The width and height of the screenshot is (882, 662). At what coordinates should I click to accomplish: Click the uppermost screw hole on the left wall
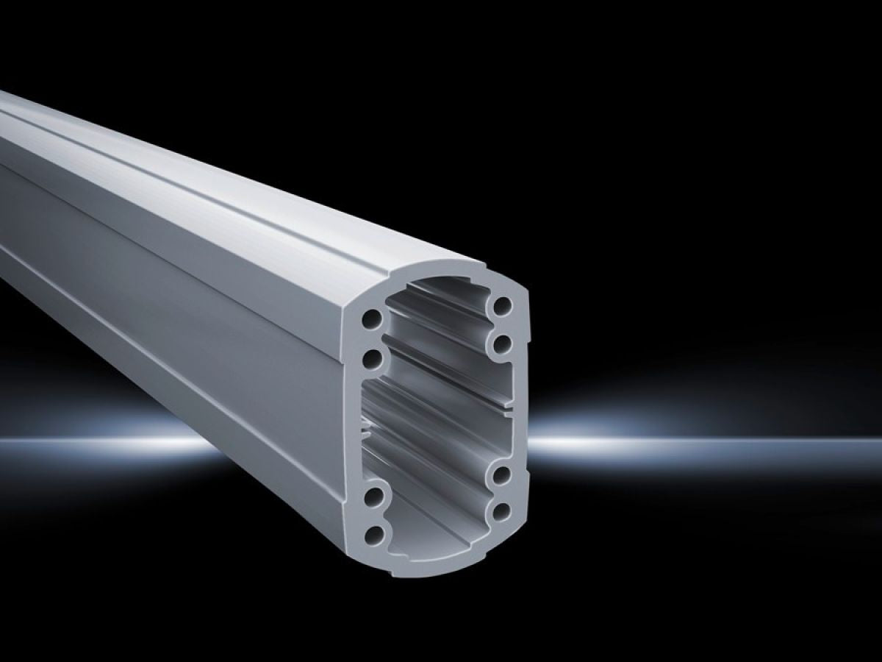[x=373, y=320]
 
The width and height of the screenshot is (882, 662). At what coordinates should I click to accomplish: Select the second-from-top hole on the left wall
[x=373, y=359]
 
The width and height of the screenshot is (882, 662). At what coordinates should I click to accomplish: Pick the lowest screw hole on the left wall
[x=376, y=533]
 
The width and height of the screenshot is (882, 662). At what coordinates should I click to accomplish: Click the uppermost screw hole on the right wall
[x=503, y=305]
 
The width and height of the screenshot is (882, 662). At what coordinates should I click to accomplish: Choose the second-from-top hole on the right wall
[x=503, y=342]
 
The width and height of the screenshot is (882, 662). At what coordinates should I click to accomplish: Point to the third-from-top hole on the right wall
[x=503, y=473]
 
